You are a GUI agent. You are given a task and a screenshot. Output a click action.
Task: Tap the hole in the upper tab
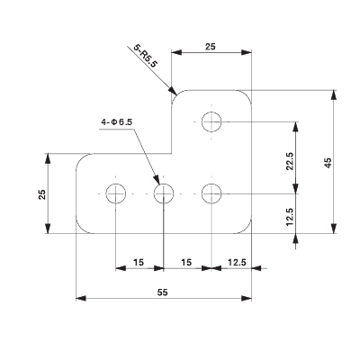tap(212, 121)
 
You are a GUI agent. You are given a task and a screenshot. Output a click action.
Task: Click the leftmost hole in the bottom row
tap(116, 193)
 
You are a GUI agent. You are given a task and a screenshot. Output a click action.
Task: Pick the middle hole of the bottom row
tap(164, 193)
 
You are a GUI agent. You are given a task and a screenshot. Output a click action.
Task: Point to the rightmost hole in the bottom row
tap(212, 193)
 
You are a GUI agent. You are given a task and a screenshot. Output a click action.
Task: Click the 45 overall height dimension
tap(328, 162)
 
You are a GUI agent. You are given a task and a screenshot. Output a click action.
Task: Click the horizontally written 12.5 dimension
tap(238, 262)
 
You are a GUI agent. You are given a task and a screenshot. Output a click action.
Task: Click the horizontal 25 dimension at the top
tap(211, 45)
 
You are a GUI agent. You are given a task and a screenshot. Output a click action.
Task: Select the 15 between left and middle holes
tap(139, 262)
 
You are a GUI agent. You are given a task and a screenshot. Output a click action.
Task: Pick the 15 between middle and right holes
tap(187, 262)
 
